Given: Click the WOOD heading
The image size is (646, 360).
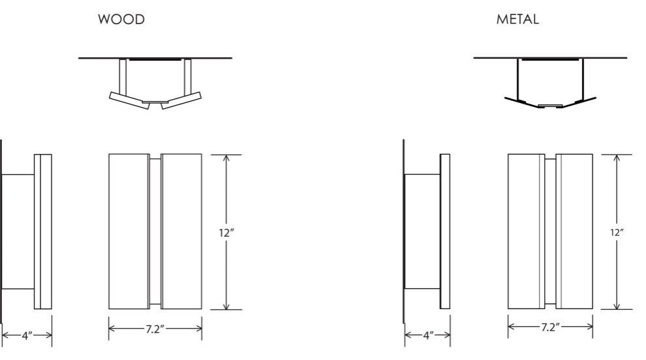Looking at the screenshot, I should tap(121, 20).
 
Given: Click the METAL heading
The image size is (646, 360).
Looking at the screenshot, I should tap(517, 20).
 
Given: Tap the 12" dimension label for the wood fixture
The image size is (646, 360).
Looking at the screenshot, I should tap(226, 231).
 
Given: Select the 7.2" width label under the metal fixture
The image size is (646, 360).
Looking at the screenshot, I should tap(549, 327).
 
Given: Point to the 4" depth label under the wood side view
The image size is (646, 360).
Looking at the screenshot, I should tap(27, 335).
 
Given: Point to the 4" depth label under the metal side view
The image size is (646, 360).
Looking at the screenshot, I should tap(427, 335).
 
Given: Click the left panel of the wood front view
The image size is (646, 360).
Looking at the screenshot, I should tap(129, 231).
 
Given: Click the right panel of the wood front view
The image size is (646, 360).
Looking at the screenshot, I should tap(181, 231).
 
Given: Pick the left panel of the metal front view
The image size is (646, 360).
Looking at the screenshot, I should tap(525, 232).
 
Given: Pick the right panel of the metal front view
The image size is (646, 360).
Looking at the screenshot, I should tap(574, 232).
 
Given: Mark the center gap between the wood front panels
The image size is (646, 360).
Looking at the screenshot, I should tap(155, 231).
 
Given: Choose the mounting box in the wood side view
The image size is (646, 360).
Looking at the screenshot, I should tap(18, 231).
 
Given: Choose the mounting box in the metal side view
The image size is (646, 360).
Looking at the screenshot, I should tap(422, 232).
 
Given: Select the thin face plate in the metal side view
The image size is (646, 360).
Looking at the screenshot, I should tap(445, 232).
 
